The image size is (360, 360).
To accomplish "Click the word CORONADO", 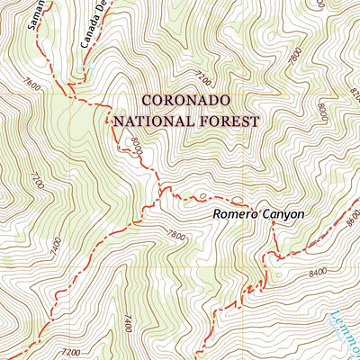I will (185, 100).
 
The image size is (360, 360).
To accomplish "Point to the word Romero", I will (237, 215).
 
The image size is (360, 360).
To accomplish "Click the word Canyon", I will (283, 215).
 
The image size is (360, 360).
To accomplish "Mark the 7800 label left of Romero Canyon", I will (175, 236).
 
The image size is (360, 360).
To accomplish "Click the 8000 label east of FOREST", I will (322, 113).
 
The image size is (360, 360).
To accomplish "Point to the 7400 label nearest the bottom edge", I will (128, 322).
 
